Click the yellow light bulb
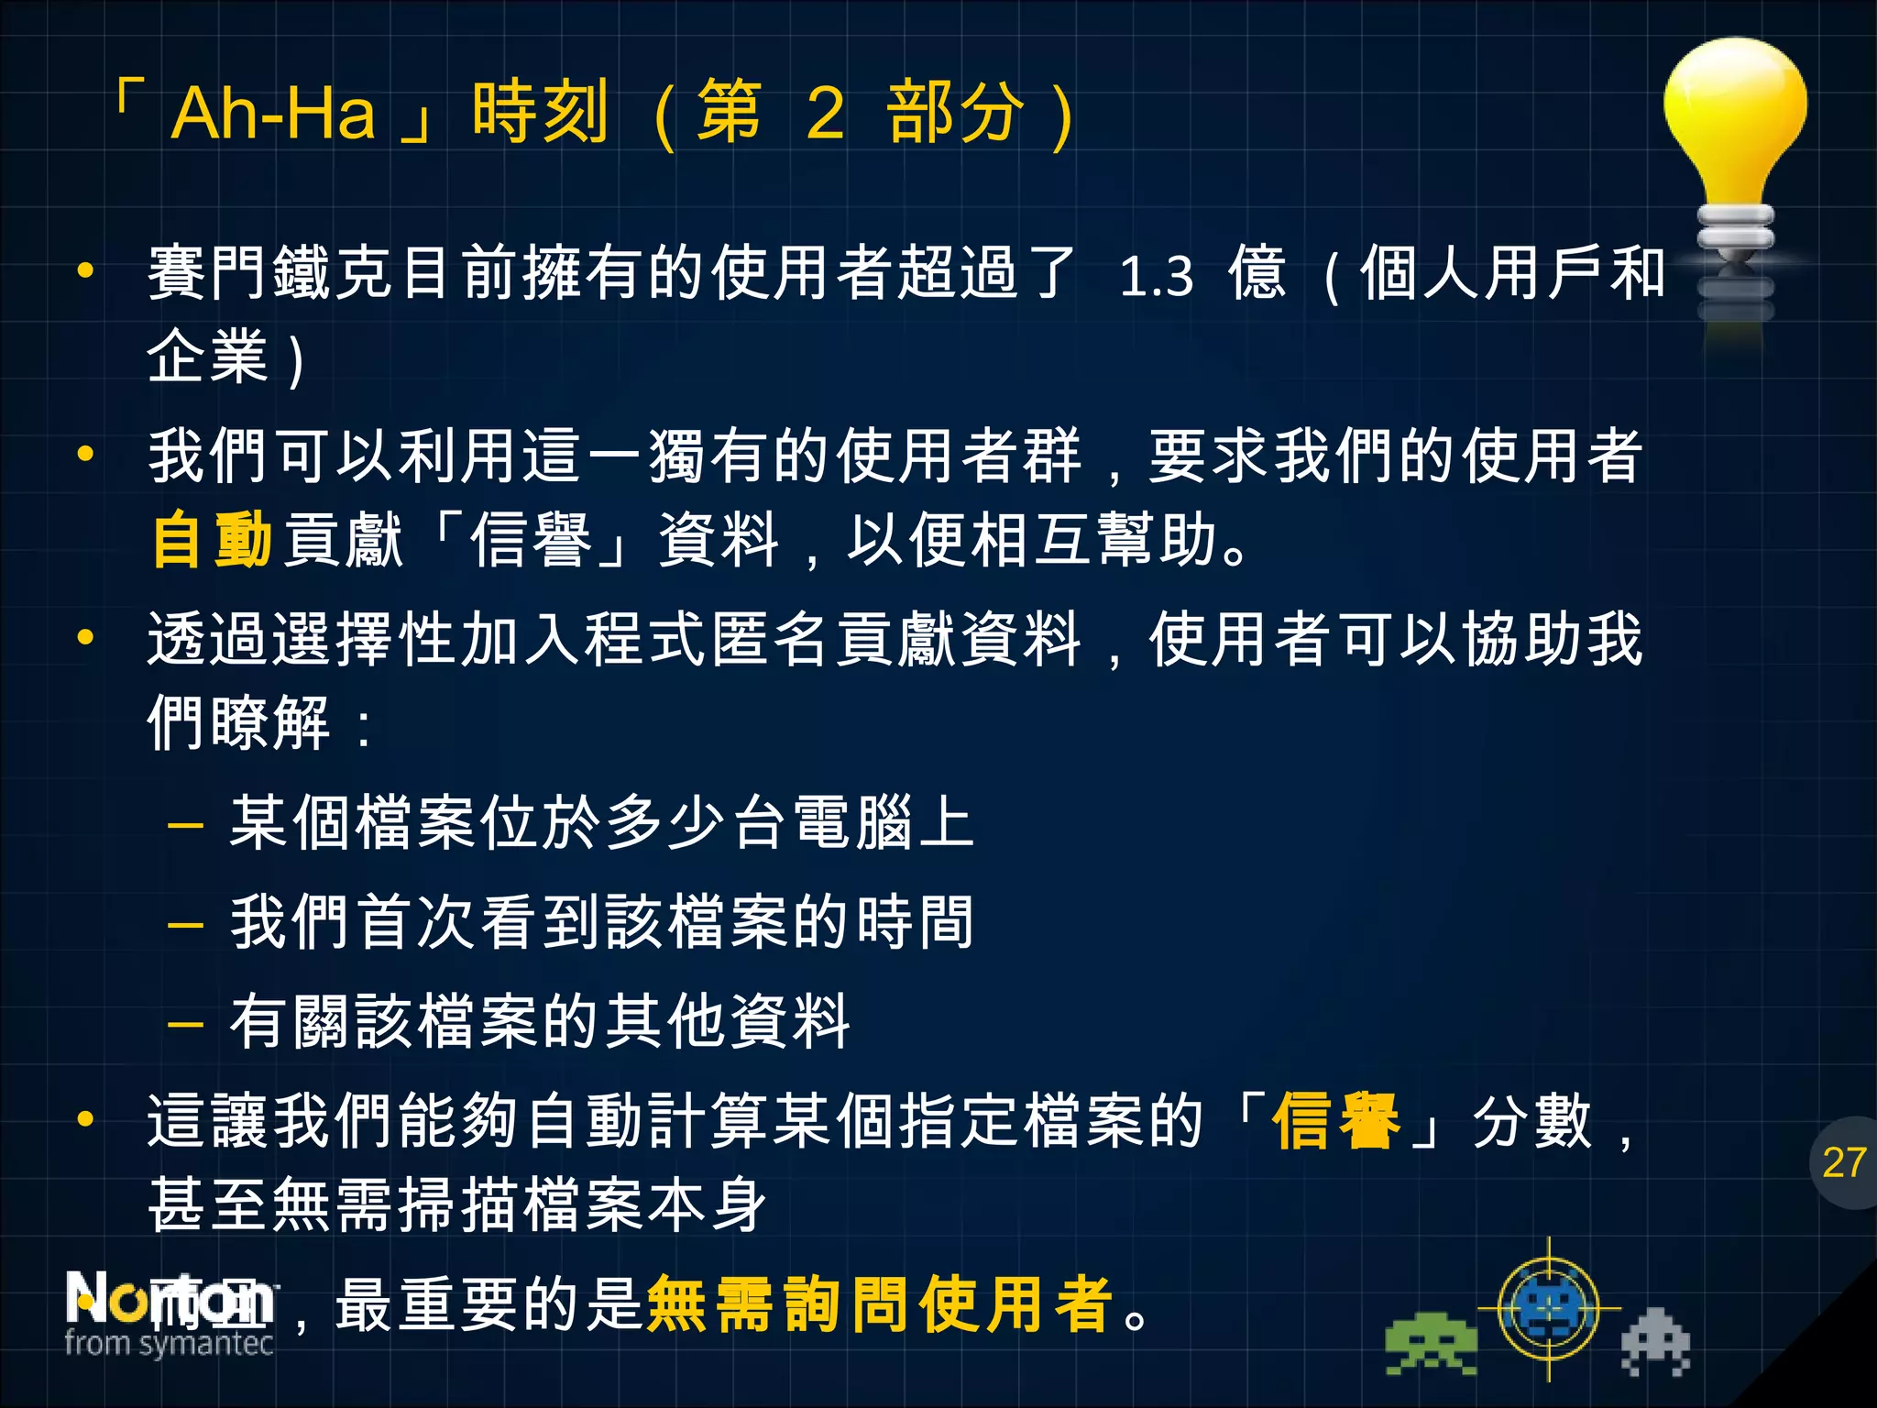click(1734, 119)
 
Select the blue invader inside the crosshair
click(1549, 1308)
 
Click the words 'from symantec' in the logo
click(169, 1344)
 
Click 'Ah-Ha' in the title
click(273, 114)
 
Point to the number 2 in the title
click(825, 114)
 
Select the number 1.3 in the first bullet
click(1157, 275)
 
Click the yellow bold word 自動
click(212, 539)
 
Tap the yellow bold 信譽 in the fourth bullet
click(1335, 1120)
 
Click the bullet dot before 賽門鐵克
click(85, 271)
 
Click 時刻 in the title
click(541, 114)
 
